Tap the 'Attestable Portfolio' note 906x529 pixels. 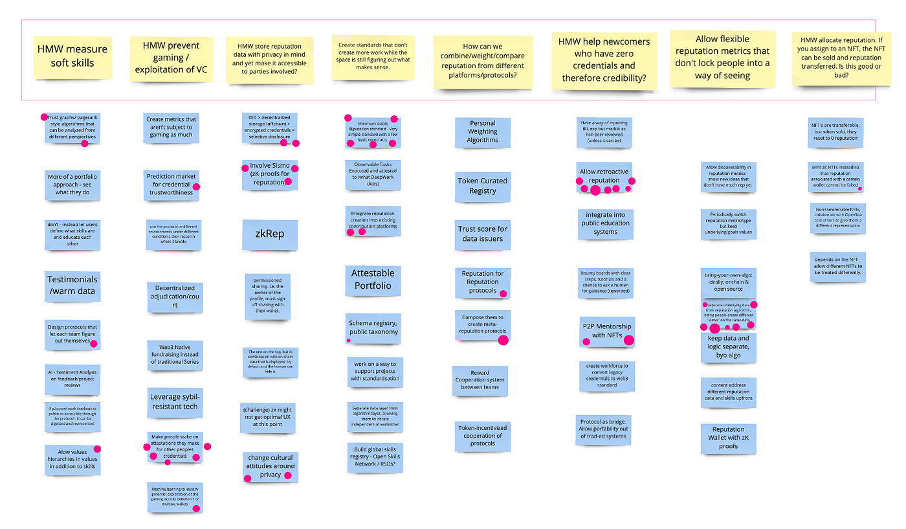point(372,279)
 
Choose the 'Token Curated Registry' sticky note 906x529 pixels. point(482,186)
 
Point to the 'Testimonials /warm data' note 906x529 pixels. point(72,286)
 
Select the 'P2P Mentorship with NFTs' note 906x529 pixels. point(606,331)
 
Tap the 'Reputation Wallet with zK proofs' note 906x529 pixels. point(728,438)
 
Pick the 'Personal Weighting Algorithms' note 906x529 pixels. point(483,131)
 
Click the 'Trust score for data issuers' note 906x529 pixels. point(482,233)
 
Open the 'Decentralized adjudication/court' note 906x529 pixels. point(175,296)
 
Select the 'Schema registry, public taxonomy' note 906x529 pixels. point(373,327)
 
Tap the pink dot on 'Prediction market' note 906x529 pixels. point(196,186)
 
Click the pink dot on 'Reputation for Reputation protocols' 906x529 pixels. point(503,293)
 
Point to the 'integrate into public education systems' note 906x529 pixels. point(605,222)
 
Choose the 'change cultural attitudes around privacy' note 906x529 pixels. point(271,466)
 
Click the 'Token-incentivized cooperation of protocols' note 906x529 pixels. point(482,435)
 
